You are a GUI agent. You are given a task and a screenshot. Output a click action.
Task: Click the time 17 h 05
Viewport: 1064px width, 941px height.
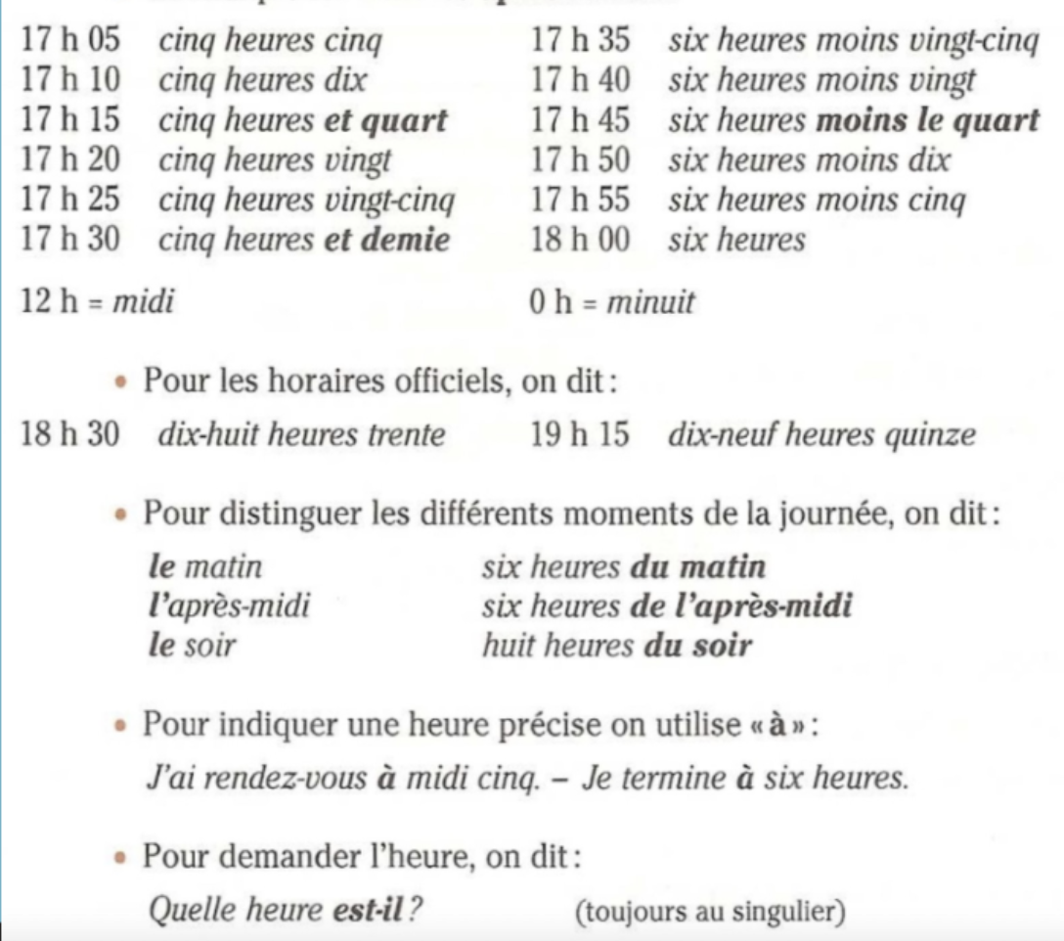(x=70, y=42)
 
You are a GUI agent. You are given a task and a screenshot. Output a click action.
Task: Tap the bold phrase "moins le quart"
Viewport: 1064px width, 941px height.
(x=928, y=121)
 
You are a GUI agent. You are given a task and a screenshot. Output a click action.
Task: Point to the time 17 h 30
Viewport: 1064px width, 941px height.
(x=70, y=241)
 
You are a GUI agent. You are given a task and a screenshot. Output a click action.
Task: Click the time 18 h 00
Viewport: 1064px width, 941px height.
(x=580, y=241)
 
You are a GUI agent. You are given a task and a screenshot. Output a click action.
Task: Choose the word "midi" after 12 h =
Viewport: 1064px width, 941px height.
(x=143, y=302)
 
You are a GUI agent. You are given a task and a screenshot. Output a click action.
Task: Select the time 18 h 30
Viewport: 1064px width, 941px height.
(x=70, y=434)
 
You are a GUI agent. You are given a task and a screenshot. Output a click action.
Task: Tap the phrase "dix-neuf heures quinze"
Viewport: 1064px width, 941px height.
(x=821, y=434)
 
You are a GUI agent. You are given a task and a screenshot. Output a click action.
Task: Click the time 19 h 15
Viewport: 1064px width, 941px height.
(x=580, y=434)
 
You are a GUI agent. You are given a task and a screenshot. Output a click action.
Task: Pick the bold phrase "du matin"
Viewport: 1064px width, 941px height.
(x=698, y=567)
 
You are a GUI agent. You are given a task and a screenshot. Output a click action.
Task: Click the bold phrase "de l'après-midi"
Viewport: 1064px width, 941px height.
(x=741, y=606)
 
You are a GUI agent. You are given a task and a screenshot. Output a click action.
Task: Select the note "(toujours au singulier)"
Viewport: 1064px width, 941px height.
(x=710, y=912)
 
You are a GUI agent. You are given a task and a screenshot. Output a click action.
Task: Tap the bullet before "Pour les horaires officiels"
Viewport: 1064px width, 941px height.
(x=120, y=382)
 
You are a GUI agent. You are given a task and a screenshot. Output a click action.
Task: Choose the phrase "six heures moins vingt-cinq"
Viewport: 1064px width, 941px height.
(x=853, y=42)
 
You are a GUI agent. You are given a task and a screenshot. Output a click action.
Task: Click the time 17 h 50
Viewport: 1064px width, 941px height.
(x=580, y=160)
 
